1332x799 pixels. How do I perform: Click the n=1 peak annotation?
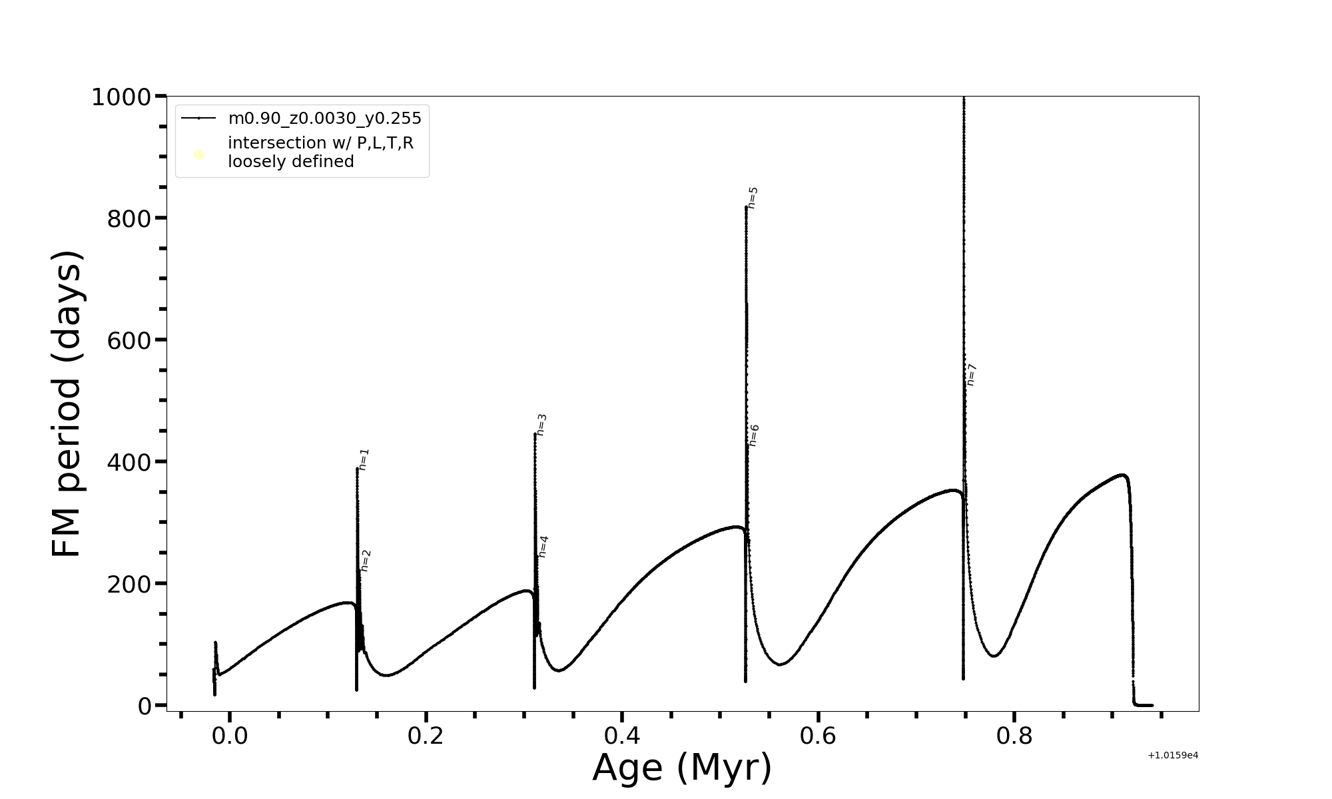(x=364, y=459)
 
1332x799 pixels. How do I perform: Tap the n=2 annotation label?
(x=365, y=561)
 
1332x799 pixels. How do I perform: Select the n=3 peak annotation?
(x=541, y=425)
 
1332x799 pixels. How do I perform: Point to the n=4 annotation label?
(x=543, y=547)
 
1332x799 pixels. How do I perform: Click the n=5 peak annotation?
(x=753, y=198)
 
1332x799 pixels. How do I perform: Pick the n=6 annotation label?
(x=754, y=435)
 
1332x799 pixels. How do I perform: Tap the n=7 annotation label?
(x=971, y=375)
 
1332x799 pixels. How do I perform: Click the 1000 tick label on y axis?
(x=121, y=97)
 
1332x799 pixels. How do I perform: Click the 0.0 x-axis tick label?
(x=230, y=736)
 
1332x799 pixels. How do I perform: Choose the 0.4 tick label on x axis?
(x=622, y=736)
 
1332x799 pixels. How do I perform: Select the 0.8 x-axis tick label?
(x=1014, y=736)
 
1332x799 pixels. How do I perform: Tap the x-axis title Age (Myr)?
(x=682, y=768)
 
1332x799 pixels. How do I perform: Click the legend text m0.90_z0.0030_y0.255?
(x=324, y=119)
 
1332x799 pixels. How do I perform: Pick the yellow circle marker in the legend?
(x=198, y=154)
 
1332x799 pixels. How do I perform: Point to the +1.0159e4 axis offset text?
(x=1173, y=755)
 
